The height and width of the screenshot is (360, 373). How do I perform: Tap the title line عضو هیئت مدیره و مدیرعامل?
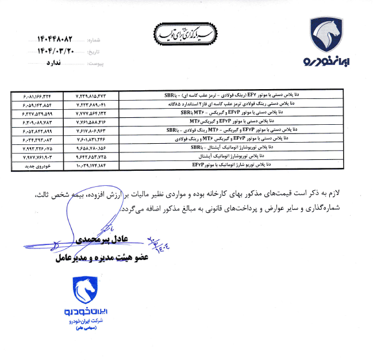[x=102, y=258]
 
